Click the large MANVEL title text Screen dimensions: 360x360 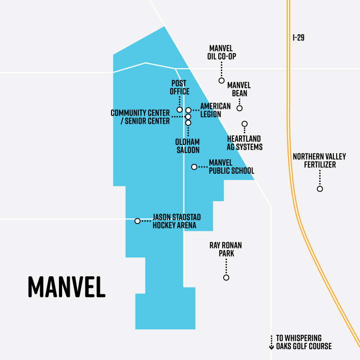pyautogui.click(x=67, y=285)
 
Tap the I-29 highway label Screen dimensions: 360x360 pyautogui.click(x=298, y=38)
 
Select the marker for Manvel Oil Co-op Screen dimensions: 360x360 pyautogui.click(x=221, y=81)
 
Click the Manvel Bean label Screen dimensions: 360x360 pyautogui.click(x=238, y=89)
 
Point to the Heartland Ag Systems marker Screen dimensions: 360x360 pyautogui.click(x=245, y=124)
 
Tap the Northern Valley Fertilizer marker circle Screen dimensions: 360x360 pyautogui.click(x=320, y=189)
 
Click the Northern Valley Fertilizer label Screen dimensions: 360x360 pyautogui.click(x=319, y=161)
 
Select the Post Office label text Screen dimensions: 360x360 pyautogui.click(x=179, y=88)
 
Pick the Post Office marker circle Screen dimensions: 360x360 pyautogui.click(x=180, y=110)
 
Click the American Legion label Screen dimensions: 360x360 pyautogui.click(x=215, y=110)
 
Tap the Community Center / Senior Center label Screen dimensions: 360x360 pyautogui.click(x=140, y=117)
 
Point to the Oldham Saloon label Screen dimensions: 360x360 pyautogui.click(x=188, y=146)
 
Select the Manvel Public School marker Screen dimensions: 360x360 pyautogui.click(x=194, y=167)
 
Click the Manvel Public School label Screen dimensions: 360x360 pyautogui.click(x=231, y=167)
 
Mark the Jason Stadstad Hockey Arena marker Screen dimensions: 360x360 pyautogui.click(x=137, y=221)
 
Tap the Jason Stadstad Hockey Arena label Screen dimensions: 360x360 pyautogui.click(x=176, y=221)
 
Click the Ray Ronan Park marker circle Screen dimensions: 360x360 pyautogui.click(x=226, y=278)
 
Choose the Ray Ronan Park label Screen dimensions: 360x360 pyautogui.click(x=226, y=249)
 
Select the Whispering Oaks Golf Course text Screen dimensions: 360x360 pyautogui.click(x=304, y=342)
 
